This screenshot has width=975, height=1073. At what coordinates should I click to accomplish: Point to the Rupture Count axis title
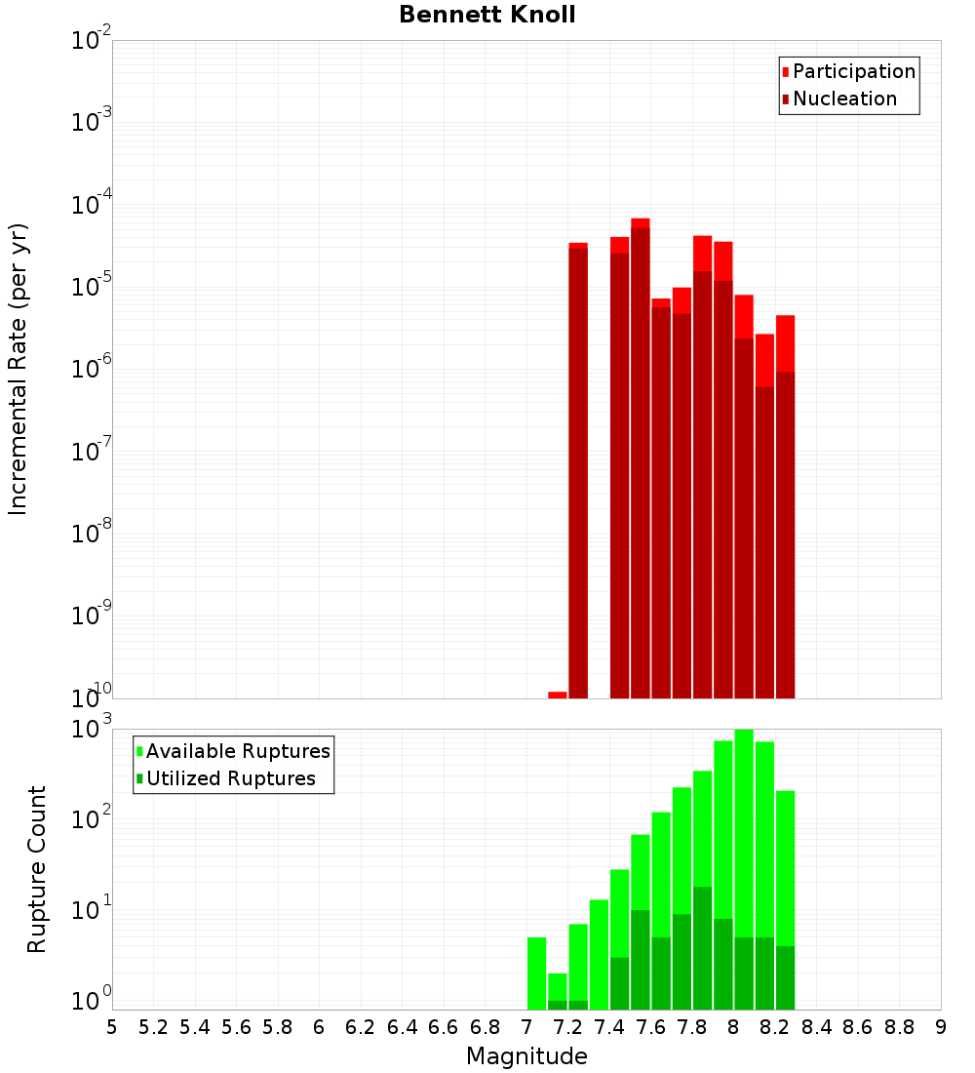tap(37, 869)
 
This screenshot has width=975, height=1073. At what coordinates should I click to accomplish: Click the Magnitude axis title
tap(526, 1056)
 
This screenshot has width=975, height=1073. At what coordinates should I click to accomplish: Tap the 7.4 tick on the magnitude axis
tap(609, 1027)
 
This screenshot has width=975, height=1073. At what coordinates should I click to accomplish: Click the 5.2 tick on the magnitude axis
tap(153, 1027)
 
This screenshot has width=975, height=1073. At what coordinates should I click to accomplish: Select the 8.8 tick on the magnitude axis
tap(899, 1027)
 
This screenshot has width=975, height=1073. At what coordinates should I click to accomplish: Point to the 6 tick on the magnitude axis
tap(319, 1027)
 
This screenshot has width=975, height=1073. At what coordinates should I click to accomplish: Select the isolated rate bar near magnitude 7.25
tap(578, 468)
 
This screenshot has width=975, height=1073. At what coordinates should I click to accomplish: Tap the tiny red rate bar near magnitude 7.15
tap(558, 695)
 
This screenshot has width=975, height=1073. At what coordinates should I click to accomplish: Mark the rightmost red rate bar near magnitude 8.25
tap(786, 507)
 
